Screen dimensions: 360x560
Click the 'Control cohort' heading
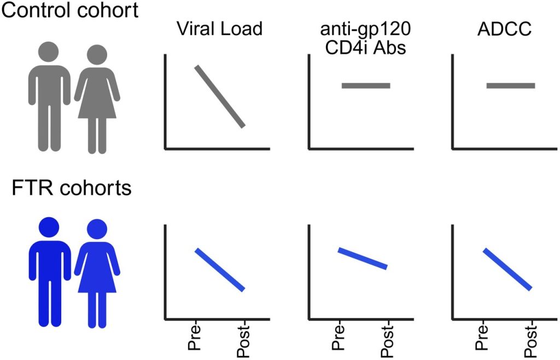tap(69, 11)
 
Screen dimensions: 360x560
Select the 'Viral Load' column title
tap(220, 28)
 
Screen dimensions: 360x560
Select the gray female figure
tap(97, 98)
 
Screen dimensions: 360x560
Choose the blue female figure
tap(97, 274)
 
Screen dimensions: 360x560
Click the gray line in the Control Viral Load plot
tap(220, 96)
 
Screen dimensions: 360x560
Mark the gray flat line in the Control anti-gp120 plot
tap(366, 85)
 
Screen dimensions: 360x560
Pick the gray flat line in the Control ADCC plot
tap(511, 85)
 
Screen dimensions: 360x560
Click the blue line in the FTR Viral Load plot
tap(220, 269)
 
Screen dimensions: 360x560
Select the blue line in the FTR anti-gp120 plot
tap(363, 258)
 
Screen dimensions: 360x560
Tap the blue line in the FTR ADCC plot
tap(507, 269)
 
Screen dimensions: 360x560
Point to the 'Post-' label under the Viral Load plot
tap(244, 340)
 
